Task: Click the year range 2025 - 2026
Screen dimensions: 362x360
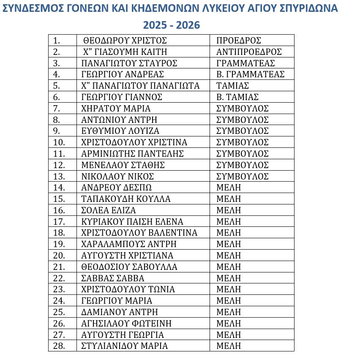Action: coord(171,25)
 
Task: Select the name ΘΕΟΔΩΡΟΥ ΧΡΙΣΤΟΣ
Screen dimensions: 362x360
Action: coord(125,41)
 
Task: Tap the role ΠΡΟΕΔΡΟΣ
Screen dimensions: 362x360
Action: coord(239,41)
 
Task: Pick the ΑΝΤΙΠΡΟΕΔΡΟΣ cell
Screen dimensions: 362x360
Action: coord(249,52)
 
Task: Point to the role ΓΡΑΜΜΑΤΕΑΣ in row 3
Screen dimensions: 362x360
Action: coord(245,63)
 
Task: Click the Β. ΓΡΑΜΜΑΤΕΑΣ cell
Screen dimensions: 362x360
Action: coord(250,74)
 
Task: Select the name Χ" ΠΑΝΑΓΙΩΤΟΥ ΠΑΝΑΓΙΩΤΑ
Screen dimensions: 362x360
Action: coord(140,86)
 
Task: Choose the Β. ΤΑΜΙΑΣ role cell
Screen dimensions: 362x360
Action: coord(237,97)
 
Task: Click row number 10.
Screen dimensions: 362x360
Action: coord(59,142)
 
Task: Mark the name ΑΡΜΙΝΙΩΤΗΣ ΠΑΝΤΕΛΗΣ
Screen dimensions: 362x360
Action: coord(132,154)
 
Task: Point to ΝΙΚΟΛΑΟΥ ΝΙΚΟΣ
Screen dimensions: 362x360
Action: coord(117,176)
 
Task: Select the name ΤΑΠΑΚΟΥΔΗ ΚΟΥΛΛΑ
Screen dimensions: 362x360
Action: coord(126,199)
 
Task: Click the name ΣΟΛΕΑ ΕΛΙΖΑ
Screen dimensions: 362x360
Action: coord(109,210)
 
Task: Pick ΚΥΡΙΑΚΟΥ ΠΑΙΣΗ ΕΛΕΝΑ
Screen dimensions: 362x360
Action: coord(132,222)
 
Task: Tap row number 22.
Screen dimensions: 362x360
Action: coord(59,278)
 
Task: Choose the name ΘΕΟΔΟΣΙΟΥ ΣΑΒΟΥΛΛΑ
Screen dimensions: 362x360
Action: coord(129,267)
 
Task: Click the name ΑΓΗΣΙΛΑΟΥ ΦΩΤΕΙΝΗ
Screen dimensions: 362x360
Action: coord(126,324)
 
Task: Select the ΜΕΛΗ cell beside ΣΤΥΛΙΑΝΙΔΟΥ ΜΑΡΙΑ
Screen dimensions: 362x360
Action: coord(229,346)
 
